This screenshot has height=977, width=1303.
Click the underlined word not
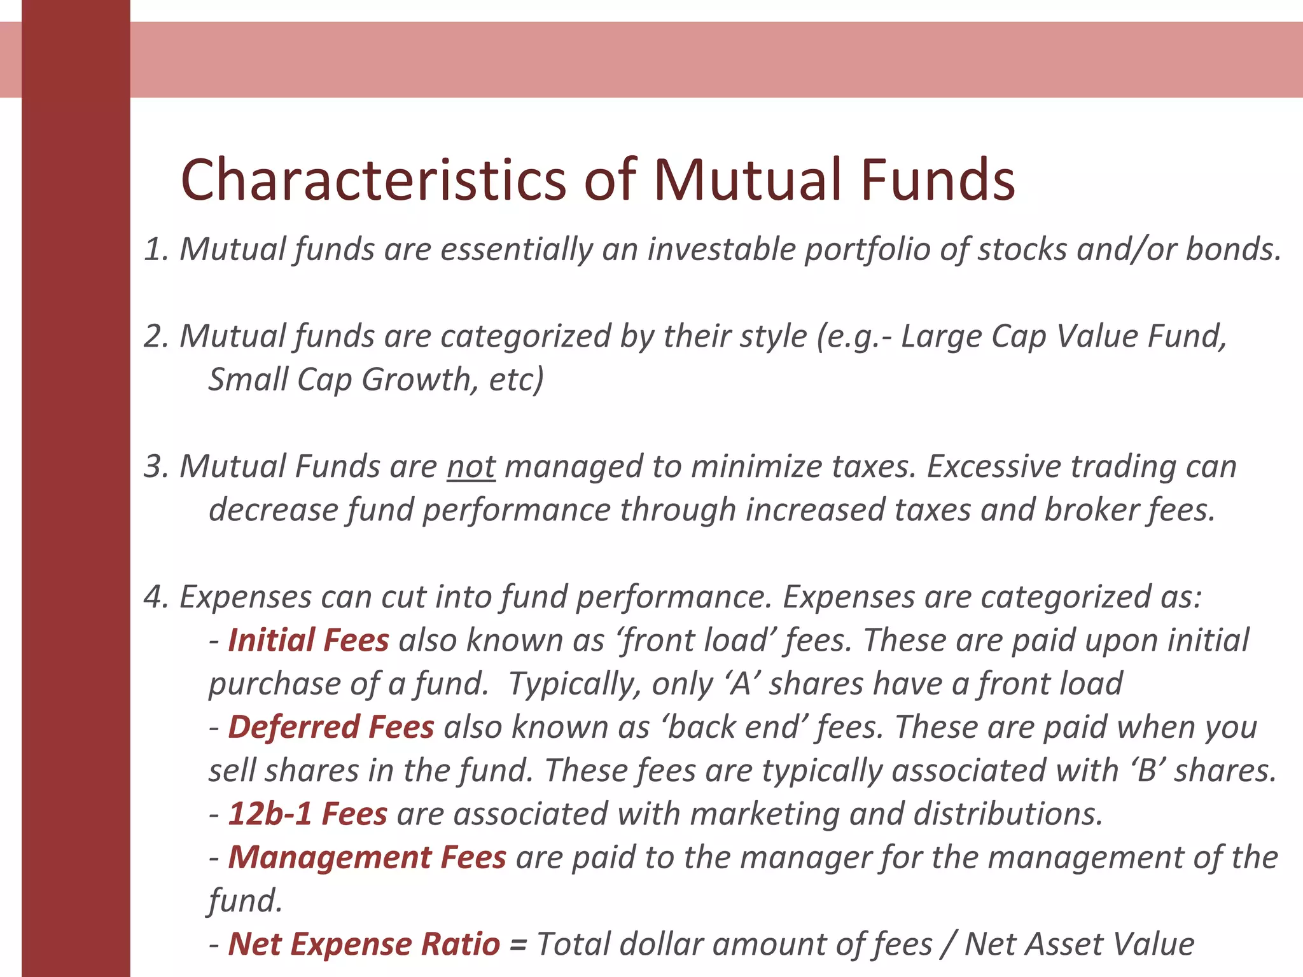click(471, 467)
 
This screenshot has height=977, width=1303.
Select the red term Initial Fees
click(309, 641)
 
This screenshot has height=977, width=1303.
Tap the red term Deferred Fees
click(331, 727)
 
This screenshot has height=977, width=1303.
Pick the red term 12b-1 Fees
click(308, 814)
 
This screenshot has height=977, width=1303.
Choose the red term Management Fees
click(367, 857)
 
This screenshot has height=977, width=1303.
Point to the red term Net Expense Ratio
click(364, 944)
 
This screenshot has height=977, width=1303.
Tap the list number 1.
click(155, 249)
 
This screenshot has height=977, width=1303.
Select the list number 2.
click(155, 336)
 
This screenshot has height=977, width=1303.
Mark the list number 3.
click(155, 467)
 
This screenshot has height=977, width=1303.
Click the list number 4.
click(155, 597)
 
